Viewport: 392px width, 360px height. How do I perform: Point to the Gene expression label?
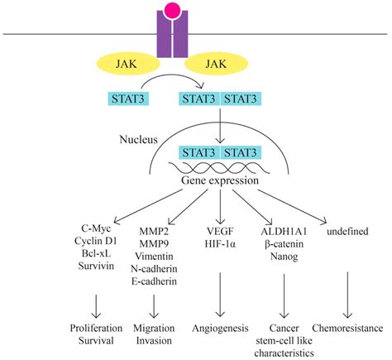coord(220,180)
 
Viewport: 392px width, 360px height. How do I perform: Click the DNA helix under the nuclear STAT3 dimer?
coord(219,167)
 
